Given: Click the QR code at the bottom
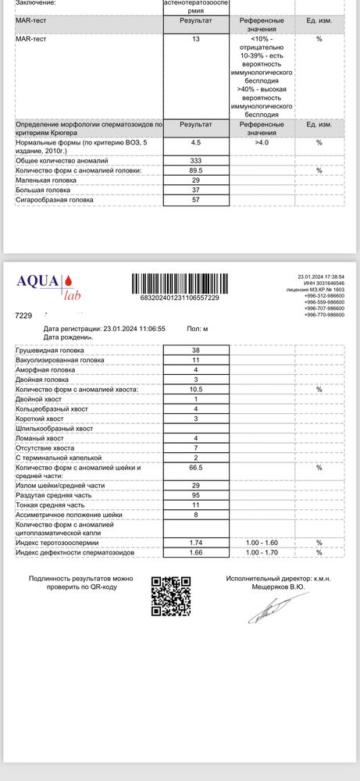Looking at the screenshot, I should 171,597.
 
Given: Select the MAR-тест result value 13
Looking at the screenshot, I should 195,37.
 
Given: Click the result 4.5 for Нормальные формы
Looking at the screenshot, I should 195,142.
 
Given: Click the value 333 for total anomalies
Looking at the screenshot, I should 195,159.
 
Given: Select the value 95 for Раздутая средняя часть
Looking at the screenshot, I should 195,495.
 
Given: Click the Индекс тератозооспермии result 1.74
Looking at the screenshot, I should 195,541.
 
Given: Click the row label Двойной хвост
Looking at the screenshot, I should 39,399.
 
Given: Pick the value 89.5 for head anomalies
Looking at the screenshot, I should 195,169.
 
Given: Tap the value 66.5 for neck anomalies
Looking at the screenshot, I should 195,467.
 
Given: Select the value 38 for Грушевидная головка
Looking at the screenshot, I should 195,351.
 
